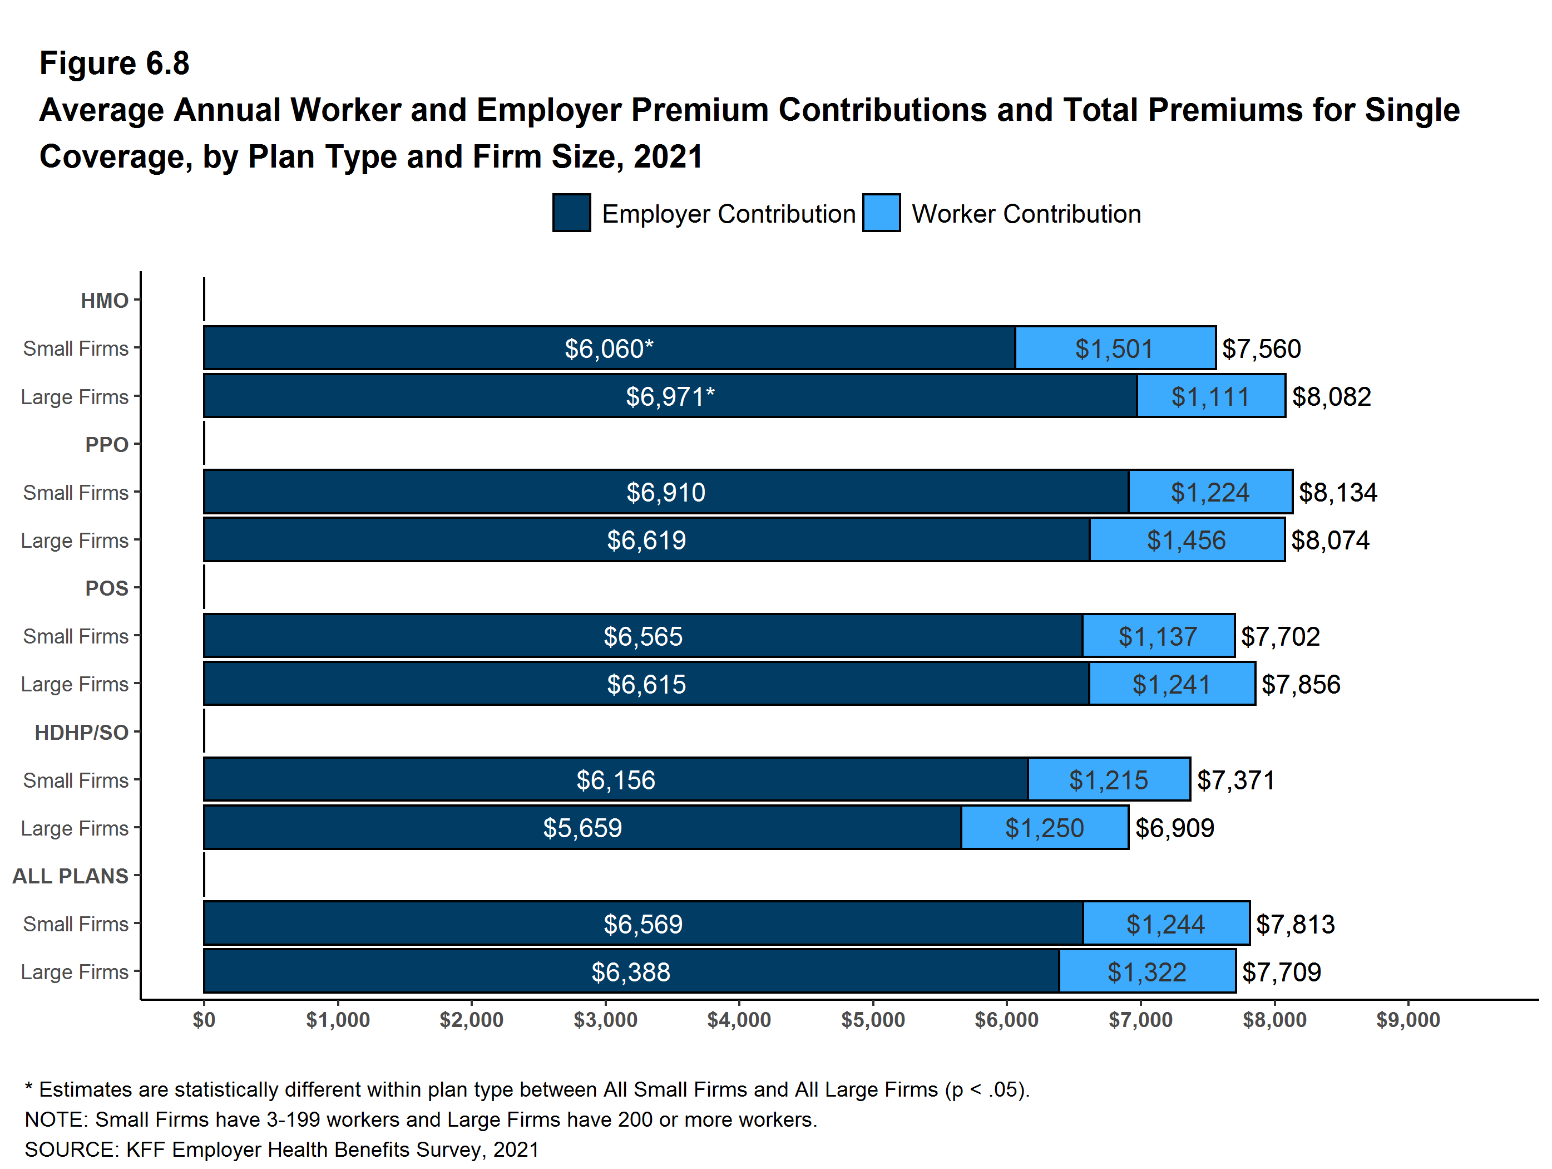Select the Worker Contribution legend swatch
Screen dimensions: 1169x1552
(881, 213)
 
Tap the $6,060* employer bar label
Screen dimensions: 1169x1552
(609, 349)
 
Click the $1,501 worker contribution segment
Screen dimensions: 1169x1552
(1114, 349)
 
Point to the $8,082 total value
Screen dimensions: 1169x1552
(1331, 397)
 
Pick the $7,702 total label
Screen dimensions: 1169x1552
(1280, 637)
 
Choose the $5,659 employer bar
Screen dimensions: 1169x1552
(582, 828)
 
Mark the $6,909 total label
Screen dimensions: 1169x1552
(1174, 828)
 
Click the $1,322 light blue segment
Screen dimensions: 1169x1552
(1146, 972)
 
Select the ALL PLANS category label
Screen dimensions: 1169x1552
(70, 876)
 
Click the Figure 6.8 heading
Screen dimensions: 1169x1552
(115, 63)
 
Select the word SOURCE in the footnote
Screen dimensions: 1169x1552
(70, 1150)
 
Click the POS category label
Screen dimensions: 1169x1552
(107, 588)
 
